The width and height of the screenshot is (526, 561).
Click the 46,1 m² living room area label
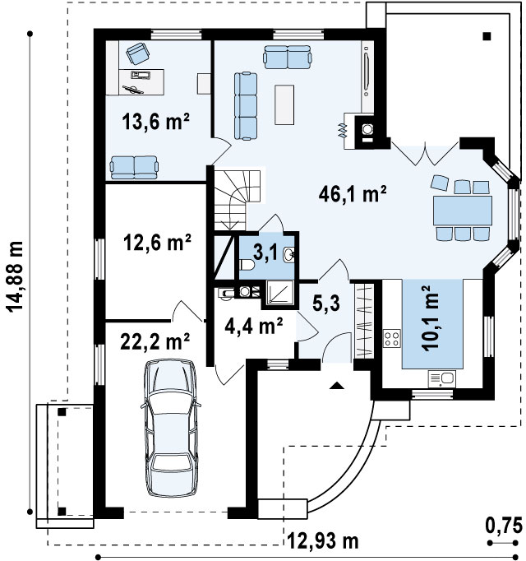tap(353, 194)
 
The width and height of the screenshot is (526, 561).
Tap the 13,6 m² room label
tap(155, 121)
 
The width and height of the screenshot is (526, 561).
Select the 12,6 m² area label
tap(157, 242)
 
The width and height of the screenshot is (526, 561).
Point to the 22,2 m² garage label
tap(155, 341)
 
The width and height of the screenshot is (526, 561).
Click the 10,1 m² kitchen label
tap(430, 319)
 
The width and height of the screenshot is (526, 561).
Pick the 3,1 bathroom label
tap(265, 253)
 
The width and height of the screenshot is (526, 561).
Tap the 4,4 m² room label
tap(253, 326)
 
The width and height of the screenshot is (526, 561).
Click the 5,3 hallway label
tap(326, 304)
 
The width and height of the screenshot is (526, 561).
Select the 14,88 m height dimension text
tap(15, 276)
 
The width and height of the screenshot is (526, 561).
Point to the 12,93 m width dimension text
tap(323, 541)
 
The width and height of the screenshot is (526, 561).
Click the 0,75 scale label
tap(504, 526)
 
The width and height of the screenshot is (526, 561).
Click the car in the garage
tap(171, 428)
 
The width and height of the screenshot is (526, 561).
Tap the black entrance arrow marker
tap(336, 385)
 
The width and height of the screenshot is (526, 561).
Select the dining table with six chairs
tap(462, 208)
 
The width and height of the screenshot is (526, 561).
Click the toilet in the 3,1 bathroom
tap(247, 265)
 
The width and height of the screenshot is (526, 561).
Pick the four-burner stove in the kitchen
tap(392, 338)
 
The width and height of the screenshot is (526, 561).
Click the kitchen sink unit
tap(442, 379)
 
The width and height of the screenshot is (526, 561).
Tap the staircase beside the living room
tap(237, 200)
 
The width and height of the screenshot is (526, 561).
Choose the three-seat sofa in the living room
tap(246, 106)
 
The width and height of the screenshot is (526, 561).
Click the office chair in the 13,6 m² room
tap(138, 53)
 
